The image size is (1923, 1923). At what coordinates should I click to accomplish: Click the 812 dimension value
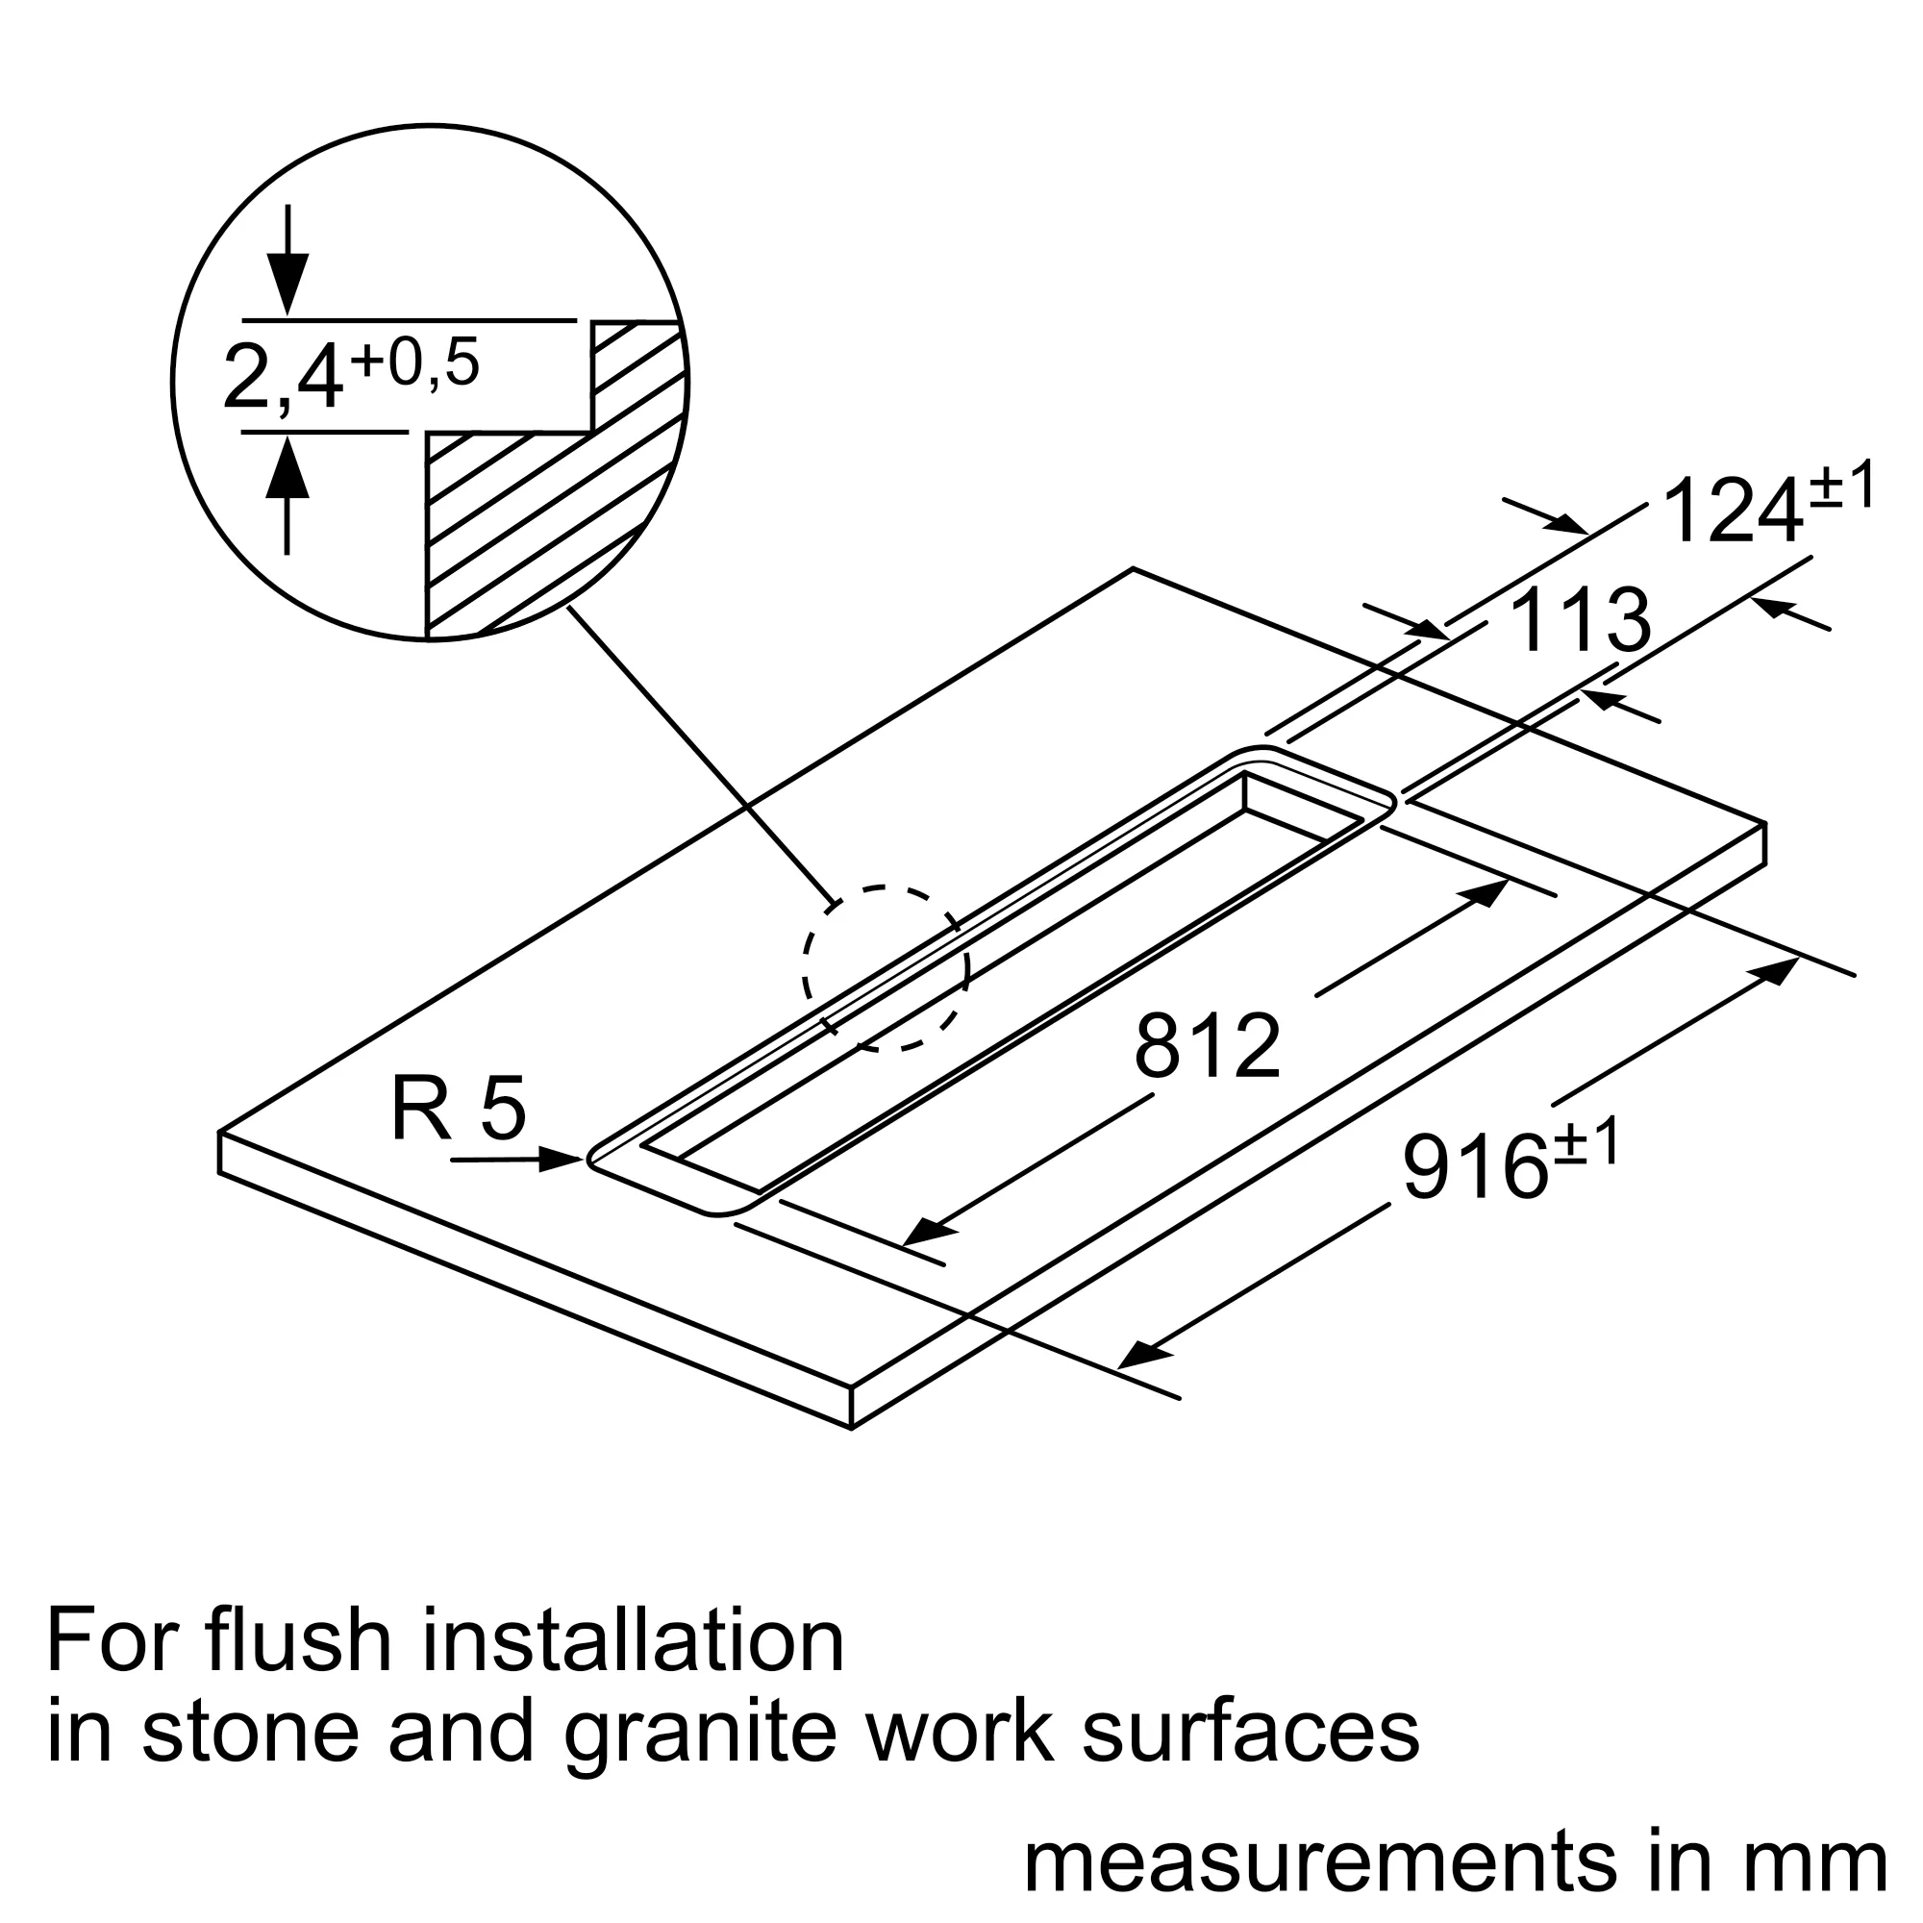click(x=1208, y=1046)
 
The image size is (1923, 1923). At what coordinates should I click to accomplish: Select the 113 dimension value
click(x=1580, y=622)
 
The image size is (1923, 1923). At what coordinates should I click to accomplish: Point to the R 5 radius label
click(x=458, y=1111)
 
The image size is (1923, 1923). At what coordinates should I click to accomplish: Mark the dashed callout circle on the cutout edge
click(x=886, y=966)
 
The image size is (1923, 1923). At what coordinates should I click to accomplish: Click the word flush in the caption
click(x=299, y=1640)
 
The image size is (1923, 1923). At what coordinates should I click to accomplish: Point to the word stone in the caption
click(x=250, y=1732)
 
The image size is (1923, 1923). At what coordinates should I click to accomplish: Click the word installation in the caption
click(x=633, y=1640)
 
